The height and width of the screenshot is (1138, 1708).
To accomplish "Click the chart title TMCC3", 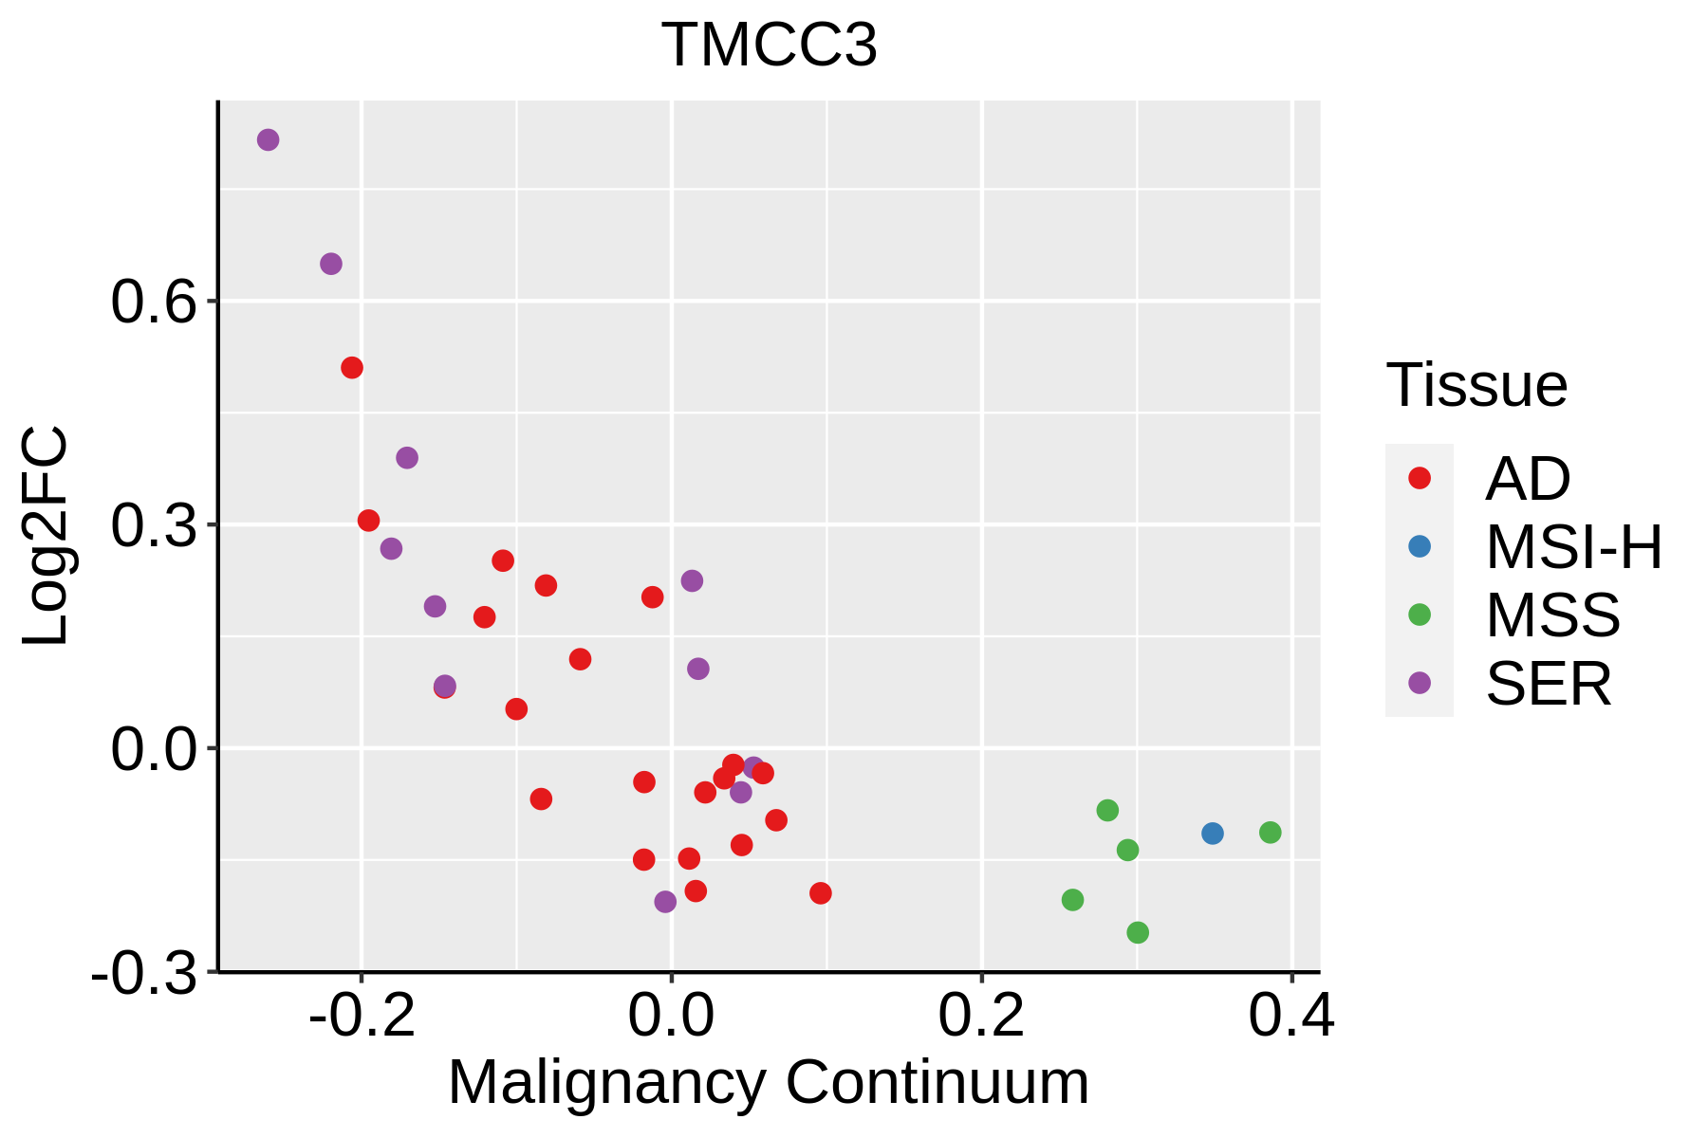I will (770, 46).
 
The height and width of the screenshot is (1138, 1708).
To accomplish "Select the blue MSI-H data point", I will (1212, 834).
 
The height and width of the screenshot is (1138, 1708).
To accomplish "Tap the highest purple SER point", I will (269, 140).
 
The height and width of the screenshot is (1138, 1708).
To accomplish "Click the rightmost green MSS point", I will (1271, 833).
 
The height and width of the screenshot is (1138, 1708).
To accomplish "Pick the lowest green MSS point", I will (1138, 932).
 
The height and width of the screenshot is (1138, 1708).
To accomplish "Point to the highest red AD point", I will (352, 368).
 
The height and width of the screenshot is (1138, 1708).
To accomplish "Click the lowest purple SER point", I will (665, 901).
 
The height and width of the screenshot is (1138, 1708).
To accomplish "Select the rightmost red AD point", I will (821, 893).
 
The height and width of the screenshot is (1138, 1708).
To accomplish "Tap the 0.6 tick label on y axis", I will (152, 303).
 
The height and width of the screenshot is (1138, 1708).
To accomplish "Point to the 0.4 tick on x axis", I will (1290, 1016).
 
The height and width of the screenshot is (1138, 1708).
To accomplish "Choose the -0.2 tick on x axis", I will (362, 1016).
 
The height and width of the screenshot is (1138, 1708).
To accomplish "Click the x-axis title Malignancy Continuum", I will (769, 1083).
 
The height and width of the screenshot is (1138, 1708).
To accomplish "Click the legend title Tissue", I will (1476, 386).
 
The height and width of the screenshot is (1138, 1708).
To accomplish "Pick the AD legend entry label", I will (1528, 479).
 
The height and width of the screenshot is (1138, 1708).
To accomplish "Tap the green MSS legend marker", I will (1420, 615).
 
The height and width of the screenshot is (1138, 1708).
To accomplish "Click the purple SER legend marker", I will (1420, 683).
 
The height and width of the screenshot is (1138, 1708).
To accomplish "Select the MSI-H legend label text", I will (1574, 547).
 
